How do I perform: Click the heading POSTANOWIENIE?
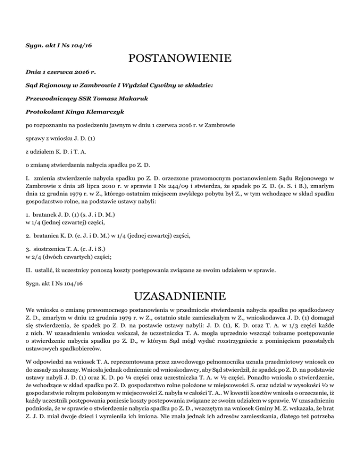point(180,59)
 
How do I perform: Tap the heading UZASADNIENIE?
point(180,297)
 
